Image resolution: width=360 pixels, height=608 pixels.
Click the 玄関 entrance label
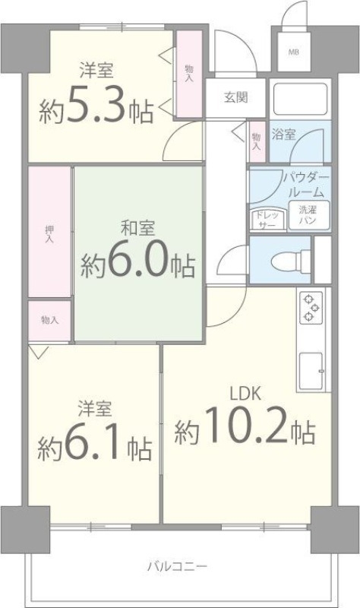pyautogui.click(x=235, y=97)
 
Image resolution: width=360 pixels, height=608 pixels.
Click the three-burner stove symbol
pyautogui.click(x=311, y=306)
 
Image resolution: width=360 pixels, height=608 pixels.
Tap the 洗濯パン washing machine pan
pyautogui.click(x=308, y=214)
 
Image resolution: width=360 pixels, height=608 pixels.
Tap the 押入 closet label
pyautogui.click(x=50, y=233)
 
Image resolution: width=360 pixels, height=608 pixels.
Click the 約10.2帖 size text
pyautogui.click(x=245, y=431)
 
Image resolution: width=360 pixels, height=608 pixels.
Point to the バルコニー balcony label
pyautogui.click(x=177, y=566)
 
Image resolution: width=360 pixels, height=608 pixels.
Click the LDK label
pyautogui.click(x=246, y=393)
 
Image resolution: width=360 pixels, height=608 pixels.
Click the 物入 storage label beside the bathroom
pyautogui.click(x=256, y=141)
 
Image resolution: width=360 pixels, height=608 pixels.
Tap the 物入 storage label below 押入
pyautogui.click(x=50, y=320)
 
